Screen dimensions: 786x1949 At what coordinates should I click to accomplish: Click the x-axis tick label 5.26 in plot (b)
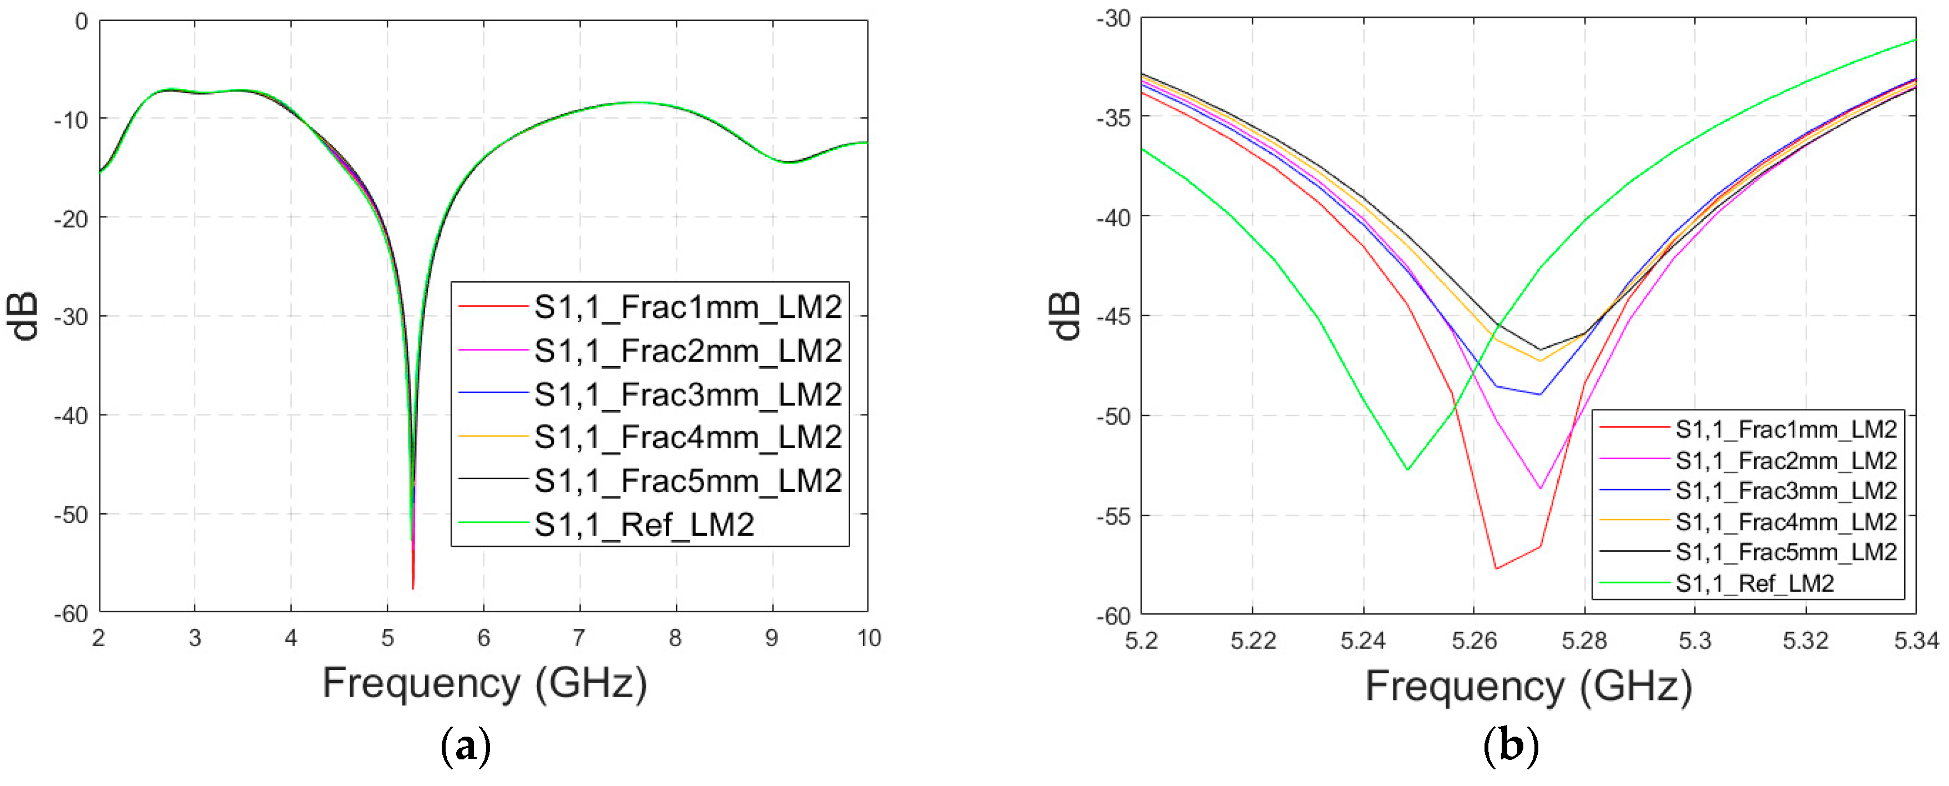tap(1474, 641)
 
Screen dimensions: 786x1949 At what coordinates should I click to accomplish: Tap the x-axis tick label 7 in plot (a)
tap(579, 638)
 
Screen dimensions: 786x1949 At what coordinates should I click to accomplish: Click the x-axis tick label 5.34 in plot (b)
tap(1916, 641)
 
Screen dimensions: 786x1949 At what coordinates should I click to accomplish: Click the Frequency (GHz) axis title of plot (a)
tap(484, 683)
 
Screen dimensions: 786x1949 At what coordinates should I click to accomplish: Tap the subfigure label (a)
tap(465, 747)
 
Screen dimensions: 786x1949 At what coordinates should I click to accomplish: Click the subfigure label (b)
tap(1510, 747)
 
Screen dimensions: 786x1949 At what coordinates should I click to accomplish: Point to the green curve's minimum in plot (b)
tap(1407, 470)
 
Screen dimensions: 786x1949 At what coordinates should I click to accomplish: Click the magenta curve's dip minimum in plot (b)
tap(1539, 489)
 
